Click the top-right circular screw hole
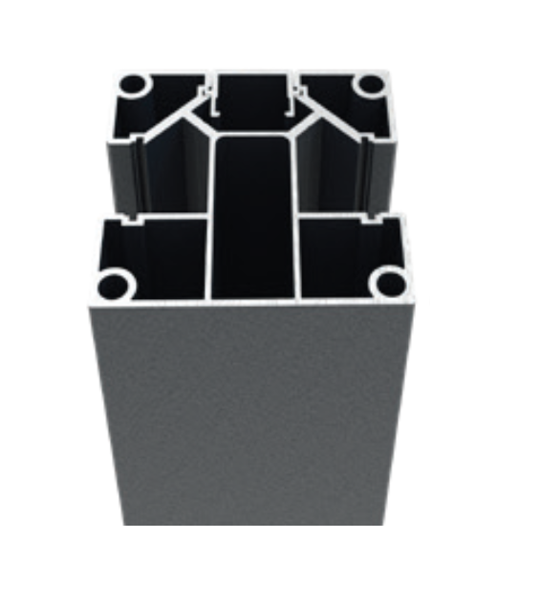367,85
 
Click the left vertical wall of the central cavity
208,220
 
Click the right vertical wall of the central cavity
297,220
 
